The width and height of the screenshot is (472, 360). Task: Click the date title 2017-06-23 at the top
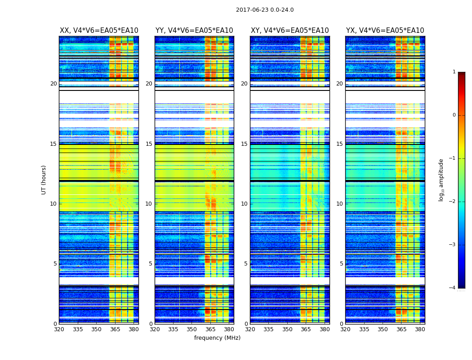point(264,10)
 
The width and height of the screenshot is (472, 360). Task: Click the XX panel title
point(99,31)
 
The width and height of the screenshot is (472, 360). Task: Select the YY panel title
point(194,31)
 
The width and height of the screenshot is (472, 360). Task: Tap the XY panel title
point(290,31)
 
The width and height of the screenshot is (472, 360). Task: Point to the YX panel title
point(385,31)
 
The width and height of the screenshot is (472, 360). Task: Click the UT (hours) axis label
point(44,180)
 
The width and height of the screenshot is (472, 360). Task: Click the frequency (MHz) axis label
point(217,338)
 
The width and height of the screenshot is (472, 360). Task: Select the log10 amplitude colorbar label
point(441,180)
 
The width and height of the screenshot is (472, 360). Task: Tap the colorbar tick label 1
point(454,72)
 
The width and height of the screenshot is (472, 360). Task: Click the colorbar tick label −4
point(453,288)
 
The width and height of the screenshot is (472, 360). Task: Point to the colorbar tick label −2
point(453,202)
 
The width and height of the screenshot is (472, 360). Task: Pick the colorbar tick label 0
point(454,115)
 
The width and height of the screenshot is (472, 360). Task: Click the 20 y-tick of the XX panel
point(53,84)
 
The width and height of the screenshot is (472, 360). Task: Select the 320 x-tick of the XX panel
point(59,329)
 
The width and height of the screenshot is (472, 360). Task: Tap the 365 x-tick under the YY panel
point(210,329)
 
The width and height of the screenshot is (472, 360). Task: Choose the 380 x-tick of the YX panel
point(420,329)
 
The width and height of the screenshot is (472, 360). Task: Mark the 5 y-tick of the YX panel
point(341,264)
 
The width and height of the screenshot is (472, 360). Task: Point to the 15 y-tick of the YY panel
point(149,144)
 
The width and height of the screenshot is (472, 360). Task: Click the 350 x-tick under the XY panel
point(287,329)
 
